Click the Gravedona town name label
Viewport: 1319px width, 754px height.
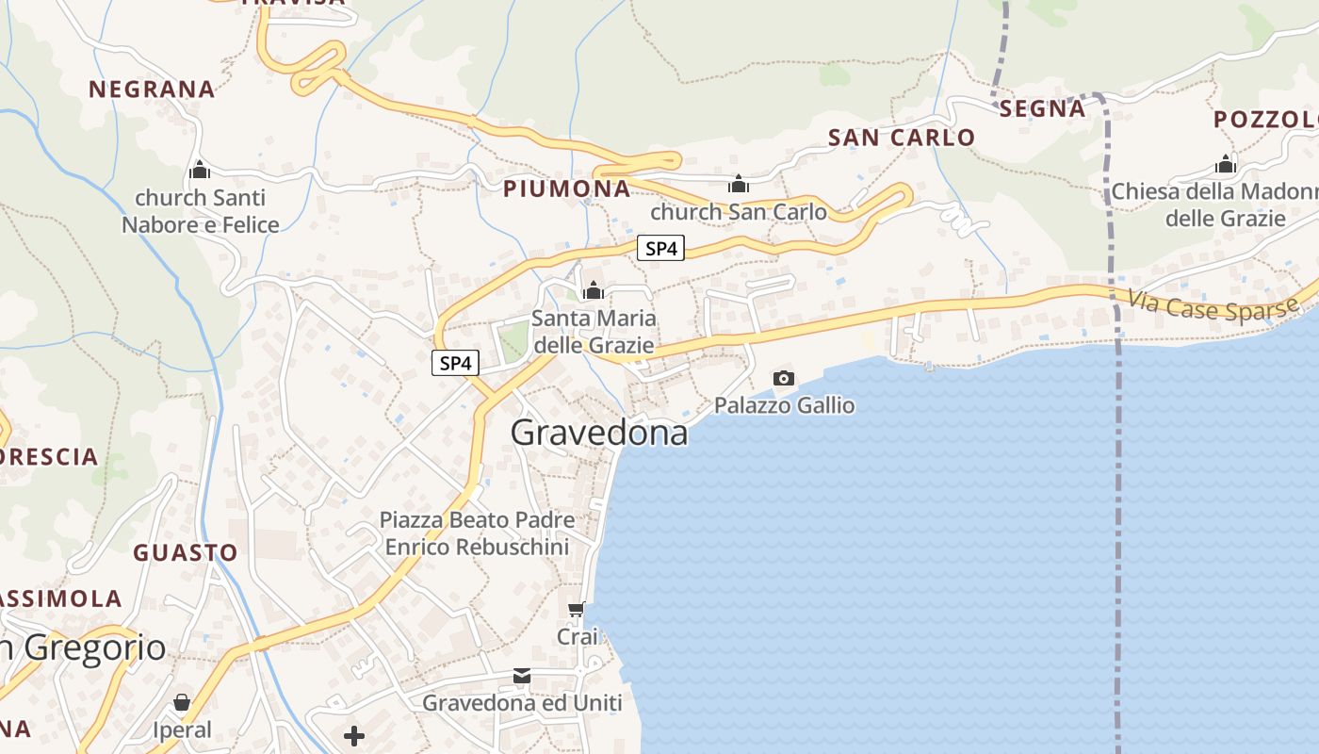(x=599, y=433)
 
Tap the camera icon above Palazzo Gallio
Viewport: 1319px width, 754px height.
(x=783, y=378)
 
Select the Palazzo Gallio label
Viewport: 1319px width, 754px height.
(x=784, y=405)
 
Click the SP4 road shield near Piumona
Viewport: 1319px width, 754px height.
(x=659, y=249)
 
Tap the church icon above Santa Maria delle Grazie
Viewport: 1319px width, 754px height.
(x=593, y=291)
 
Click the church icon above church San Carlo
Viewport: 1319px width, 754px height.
(x=739, y=183)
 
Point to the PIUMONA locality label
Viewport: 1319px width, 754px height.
(x=566, y=188)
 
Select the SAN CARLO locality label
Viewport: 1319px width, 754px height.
(x=902, y=138)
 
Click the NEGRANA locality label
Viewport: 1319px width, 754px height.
(x=152, y=90)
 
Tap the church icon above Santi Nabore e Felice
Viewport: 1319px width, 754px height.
(x=200, y=171)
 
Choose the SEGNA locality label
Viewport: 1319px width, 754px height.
(x=1042, y=109)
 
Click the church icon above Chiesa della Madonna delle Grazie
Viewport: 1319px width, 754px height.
(x=1225, y=165)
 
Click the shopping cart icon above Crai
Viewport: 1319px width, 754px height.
(x=577, y=610)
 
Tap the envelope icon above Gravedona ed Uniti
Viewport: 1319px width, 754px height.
(x=522, y=676)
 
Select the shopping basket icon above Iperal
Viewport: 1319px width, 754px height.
(x=182, y=702)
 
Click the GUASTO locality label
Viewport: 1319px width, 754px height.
(x=185, y=552)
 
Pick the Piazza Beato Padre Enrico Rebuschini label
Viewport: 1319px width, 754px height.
(x=477, y=533)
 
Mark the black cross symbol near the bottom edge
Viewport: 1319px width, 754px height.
(x=354, y=736)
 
